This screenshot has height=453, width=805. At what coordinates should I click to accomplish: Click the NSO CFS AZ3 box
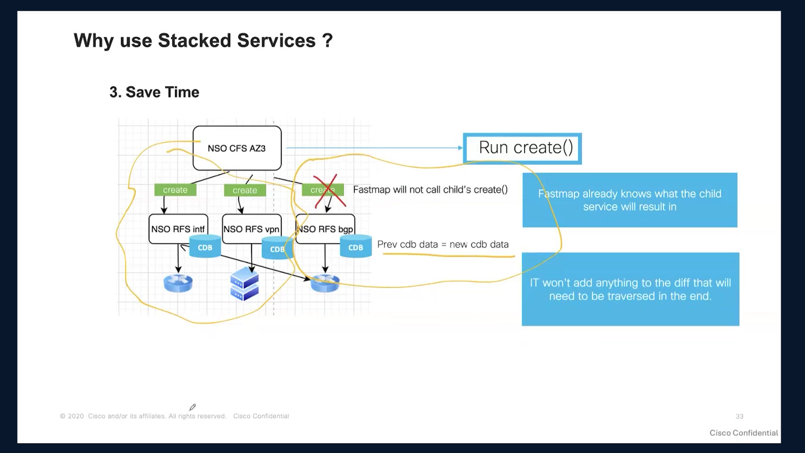click(237, 148)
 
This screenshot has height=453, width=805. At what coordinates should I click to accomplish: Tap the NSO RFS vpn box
click(252, 229)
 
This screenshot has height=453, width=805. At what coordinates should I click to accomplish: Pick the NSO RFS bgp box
click(325, 229)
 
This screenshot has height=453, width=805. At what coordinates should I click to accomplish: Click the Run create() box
click(522, 148)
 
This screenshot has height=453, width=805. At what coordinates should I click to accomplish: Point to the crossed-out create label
click(323, 190)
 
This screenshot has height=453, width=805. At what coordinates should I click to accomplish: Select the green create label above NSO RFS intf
click(175, 190)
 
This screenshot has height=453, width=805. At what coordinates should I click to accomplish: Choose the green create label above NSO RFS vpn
click(245, 190)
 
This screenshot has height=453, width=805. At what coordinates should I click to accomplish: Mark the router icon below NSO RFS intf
click(178, 283)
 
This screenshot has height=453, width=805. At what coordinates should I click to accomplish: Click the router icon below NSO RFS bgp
click(325, 283)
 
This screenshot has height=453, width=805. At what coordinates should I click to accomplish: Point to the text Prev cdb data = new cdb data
click(443, 244)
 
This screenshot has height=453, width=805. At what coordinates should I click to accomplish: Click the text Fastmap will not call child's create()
click(430, 190)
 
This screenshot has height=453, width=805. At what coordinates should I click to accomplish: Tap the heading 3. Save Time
click(154, 92)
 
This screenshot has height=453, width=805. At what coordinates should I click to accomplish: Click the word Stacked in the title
click(195, 41)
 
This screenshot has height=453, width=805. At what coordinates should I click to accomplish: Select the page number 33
click(740, 417)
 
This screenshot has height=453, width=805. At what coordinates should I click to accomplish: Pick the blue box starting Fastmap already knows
click(630, 200)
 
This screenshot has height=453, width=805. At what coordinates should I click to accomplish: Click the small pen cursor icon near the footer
click(192, 407)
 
